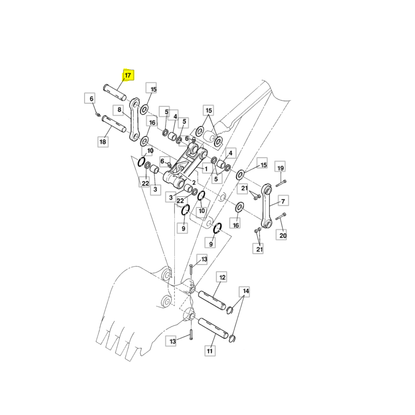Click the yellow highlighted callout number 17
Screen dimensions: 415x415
pyautogui.click(x=128, y=75)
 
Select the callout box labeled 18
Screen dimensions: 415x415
pyautogui.click(x=103, y=142)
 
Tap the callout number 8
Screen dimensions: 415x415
pyautogui.click(x=120, y=110)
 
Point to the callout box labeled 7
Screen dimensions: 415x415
pyautogui.click(x=283, y=201)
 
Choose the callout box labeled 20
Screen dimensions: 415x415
pyautogui.click(x=283, y=235)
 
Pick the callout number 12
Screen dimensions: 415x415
pyautogui.click(x=222, y=278)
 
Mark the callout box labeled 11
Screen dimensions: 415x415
pyautogui.click(x=210, y=351)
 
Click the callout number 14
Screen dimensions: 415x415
pyautogui.click(x=246, y=292)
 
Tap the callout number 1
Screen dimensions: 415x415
pyautogui.click(x=205, y=169)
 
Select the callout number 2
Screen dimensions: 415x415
pyautogui.click(x=193, y=183)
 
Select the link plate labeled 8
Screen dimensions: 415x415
pyautogui.click(x=134, y=119)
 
